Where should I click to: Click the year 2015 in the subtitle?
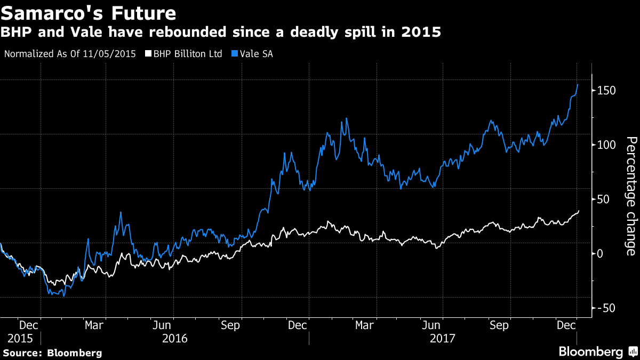coord(422,32)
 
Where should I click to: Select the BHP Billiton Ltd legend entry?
coord(187,54)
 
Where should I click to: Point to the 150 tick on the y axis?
coord(606,90)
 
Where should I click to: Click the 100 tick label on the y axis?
coord(606,145)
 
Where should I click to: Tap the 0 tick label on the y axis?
coord(600,253)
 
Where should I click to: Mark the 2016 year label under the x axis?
coord(175,338)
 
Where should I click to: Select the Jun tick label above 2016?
coord(163,324)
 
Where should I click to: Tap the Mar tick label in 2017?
coord(364,324)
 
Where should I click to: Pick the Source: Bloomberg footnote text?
coord(52,353)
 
